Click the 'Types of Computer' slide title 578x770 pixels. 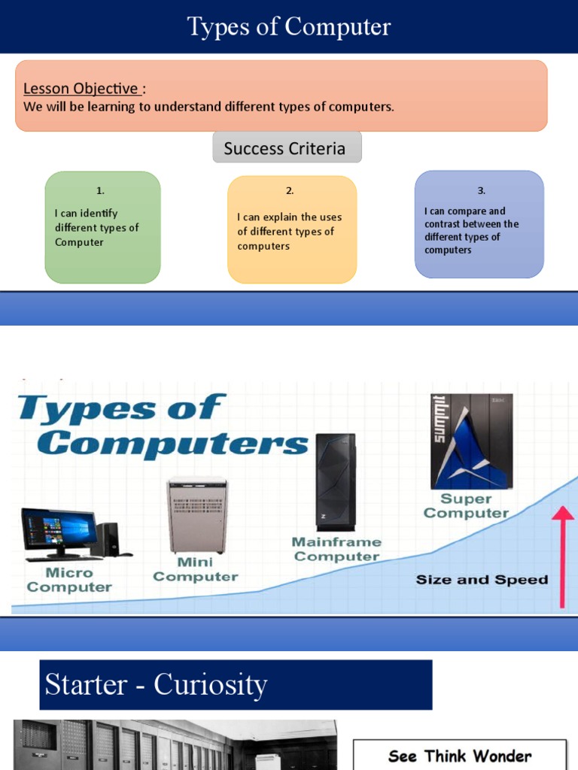click(x=289, y=27)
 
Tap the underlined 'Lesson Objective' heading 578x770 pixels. click(x=81, y=89)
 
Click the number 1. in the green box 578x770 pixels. click(x=100, y=191)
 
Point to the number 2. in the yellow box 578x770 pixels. click(x=290, y=191)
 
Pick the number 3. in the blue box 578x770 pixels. click(x=482, y=191)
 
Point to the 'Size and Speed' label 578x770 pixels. click(x=482, y=580)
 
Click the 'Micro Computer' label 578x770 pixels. click(x=69, y=580)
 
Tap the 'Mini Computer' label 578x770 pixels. click(x=195, y=569)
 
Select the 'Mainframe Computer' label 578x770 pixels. click(x=336, y=549)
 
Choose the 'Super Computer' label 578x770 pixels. click(x=466, y=506)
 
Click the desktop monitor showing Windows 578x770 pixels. click(x=59, y=531)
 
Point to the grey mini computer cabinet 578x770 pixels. click(x=197, y=515)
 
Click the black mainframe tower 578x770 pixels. click(x=336, y=481)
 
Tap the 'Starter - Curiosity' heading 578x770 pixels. click(x=157, y=685)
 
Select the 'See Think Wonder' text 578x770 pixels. click(x=460, y=756)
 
